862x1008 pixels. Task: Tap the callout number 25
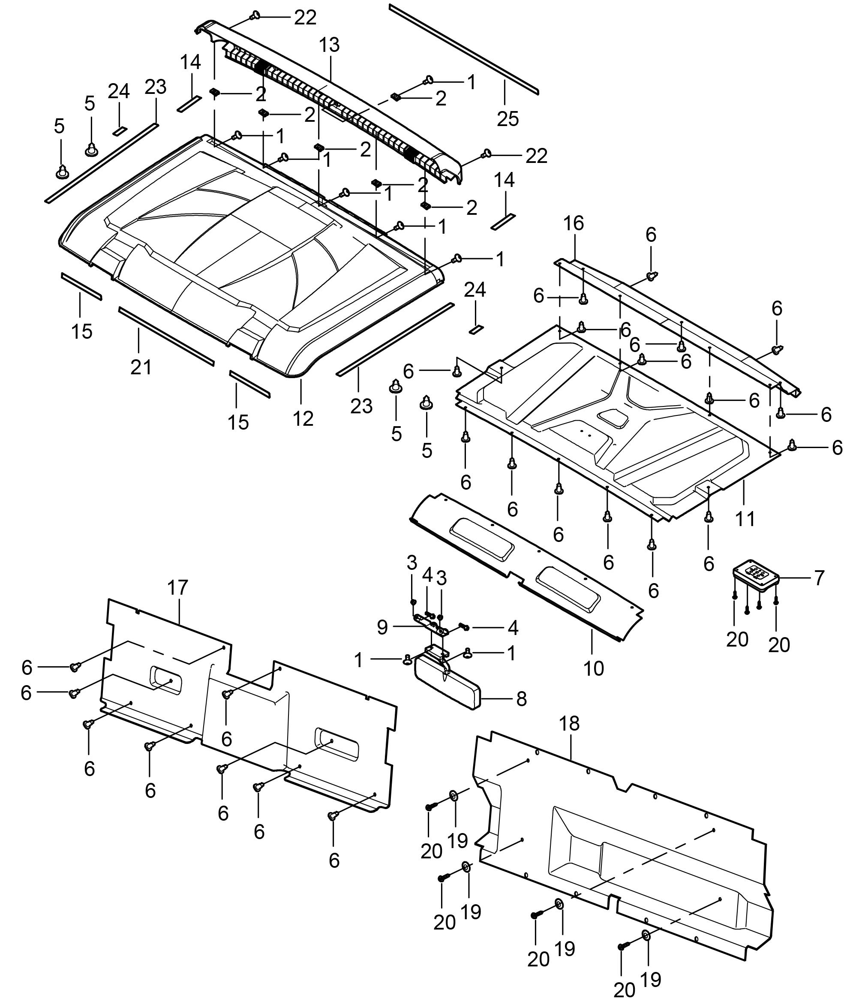pyautogui.click(x=508, y=119)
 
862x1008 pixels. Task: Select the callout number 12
pyautogui.click(x=303, y=418)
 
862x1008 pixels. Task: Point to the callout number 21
pyautogui.click(x=141, y=367)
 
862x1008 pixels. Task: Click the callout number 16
pyautogui.click(x=574, y=223)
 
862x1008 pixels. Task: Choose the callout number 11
pyautogui.click(x=745, y=519)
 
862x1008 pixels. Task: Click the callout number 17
pyautogui.click(x=177, y=588)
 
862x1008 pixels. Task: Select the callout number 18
pyautogui.click(x=570, y=723)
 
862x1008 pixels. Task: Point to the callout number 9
pyautogui.click(x=382, y=628)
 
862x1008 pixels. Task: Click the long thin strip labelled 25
pyautogui.click(x=462, y=48)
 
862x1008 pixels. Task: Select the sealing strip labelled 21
pyautogui.click(x=165, y=335)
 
